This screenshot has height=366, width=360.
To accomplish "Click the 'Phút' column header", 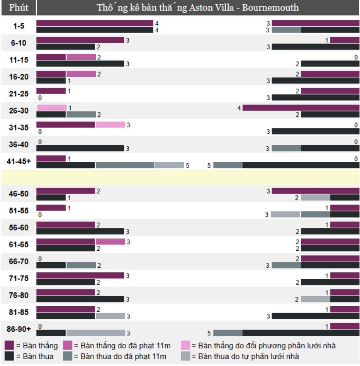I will click(19, 8).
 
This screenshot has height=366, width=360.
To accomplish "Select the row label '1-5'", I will click(19, 26).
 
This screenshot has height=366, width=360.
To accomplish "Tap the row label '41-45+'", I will click(19, 161).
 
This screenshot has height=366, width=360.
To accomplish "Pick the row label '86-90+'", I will click(19, 330).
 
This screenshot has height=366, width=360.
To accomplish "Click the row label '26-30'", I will click(19, 111).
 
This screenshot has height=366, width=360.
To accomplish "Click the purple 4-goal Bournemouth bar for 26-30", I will click(301, 108).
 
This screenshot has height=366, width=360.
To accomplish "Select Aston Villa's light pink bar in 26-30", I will click(52, 108).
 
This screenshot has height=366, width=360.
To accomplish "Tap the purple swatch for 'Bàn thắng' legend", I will click(9, 346).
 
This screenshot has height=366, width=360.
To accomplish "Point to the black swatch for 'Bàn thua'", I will click(9, 356).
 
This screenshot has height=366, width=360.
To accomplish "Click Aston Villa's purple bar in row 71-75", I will click(80, 276).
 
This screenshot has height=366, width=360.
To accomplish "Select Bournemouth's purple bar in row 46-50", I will click(315, 191).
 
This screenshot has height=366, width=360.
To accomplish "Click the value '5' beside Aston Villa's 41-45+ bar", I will click(187, 166).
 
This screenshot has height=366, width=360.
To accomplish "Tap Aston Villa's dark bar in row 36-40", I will click(80, 148).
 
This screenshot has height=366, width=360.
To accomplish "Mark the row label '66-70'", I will click(19, 262).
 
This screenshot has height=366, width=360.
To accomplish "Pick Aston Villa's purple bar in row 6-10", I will click(80, 40).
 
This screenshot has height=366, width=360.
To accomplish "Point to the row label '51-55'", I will click(19, 211).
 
